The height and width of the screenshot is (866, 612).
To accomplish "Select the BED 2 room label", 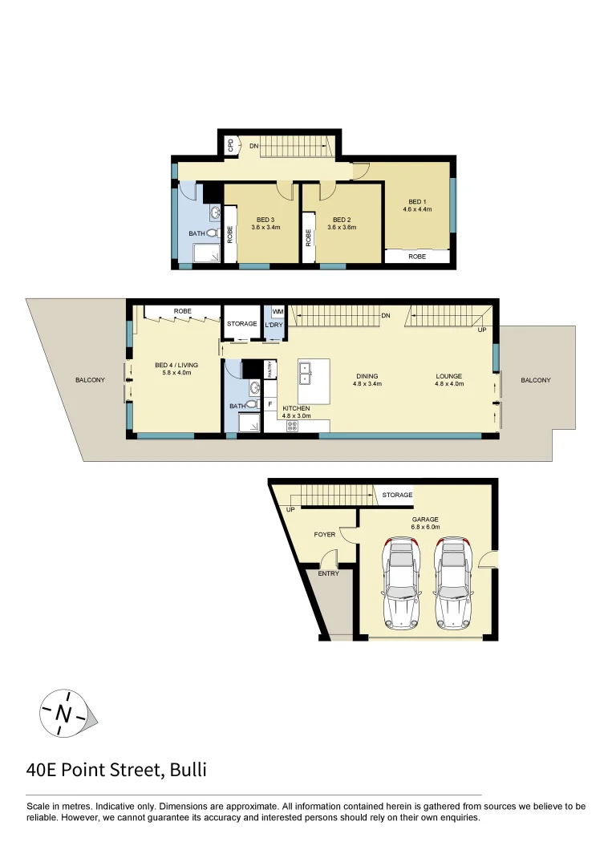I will point(342,223).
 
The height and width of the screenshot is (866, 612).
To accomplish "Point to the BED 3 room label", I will point(265,223).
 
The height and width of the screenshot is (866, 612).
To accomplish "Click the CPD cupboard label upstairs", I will point(231,145).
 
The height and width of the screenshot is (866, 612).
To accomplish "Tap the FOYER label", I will point(324,534).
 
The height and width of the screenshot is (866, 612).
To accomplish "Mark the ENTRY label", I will point(328,573).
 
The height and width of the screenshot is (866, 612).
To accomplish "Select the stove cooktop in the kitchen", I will point(292,427).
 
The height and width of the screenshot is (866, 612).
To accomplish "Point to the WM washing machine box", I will point(278,311).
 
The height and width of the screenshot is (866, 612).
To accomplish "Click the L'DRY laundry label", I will point(273,325).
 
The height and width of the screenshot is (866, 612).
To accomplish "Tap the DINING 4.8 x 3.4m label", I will point(367,379).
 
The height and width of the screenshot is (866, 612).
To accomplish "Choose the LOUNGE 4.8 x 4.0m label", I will point(448,379).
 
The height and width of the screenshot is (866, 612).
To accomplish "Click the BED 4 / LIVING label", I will point(176,368).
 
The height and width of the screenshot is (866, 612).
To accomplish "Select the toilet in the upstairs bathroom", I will point(213,233).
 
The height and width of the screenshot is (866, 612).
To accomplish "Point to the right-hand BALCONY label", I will point(535,380).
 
